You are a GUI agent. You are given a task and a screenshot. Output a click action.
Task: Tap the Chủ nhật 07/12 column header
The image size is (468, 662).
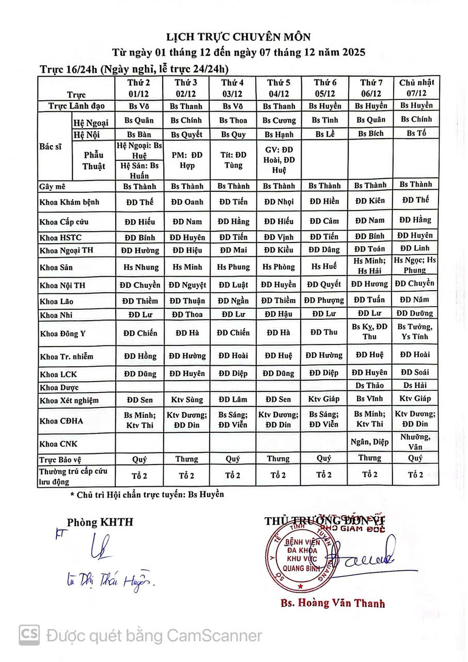(x=416, y=88)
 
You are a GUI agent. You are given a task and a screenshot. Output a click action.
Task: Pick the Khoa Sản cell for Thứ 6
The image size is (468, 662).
(x=324, y=267)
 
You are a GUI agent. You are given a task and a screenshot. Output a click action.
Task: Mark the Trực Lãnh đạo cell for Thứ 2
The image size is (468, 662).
(x=139, y=106)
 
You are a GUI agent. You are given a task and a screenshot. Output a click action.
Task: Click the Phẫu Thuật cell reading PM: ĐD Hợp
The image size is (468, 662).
(x=186, y=160)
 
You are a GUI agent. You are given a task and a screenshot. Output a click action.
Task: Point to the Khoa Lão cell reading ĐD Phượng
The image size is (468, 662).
(x=324, y=300)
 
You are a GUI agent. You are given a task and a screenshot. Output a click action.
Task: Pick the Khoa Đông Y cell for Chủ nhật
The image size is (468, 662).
(x=416, y=332)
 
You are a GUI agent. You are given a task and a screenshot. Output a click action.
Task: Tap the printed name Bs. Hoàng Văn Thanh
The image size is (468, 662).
(x=332, y=603)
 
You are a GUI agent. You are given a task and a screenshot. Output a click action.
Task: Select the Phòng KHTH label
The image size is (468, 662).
(x=100, y=522)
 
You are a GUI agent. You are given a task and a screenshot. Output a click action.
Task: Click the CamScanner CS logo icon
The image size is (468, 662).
(x=29, y=635)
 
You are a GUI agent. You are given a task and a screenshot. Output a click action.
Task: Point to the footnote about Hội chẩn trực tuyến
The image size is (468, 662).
(x=147, y=494)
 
